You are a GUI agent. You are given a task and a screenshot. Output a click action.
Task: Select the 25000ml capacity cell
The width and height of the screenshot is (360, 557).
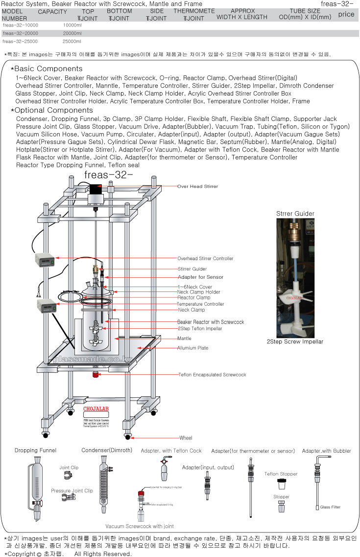pyautogui.click(x=72, y=42)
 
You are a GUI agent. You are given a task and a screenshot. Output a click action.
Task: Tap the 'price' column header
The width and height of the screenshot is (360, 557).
pyautogui.click(x=346, y=14)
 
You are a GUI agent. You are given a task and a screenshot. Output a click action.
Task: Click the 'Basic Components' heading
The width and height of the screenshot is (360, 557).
pyautogui.click(x=48, y=69)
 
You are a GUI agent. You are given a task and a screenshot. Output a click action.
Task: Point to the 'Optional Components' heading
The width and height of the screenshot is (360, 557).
pyautogui.click(x=54, y=110)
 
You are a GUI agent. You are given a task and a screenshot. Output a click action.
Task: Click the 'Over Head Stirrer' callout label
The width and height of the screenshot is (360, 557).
pyautogui.click(x=197, y=187)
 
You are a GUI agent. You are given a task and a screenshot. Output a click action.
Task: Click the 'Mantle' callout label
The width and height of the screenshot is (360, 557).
pyautogui.click(x=184, y=339)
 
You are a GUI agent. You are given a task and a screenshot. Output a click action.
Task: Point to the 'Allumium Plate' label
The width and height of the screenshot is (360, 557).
pyautogui.click(x=192, y=348)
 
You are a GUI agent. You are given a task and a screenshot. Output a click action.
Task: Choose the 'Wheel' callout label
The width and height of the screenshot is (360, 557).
pyautogui.click(x=186, y=438)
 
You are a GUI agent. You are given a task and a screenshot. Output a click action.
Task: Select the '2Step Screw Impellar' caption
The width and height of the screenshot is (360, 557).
pyautogui.click(x=295, y=341)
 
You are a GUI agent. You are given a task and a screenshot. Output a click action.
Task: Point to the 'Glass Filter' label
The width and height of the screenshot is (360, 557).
pyautogui.click(x=330, y=507)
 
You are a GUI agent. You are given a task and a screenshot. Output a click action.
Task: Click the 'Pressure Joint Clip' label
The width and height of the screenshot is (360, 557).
pyautogui.click(x=72, y=490)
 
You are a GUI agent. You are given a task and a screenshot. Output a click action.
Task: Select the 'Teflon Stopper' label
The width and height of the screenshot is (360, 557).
pyautogui.click(x=281, y=474)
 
